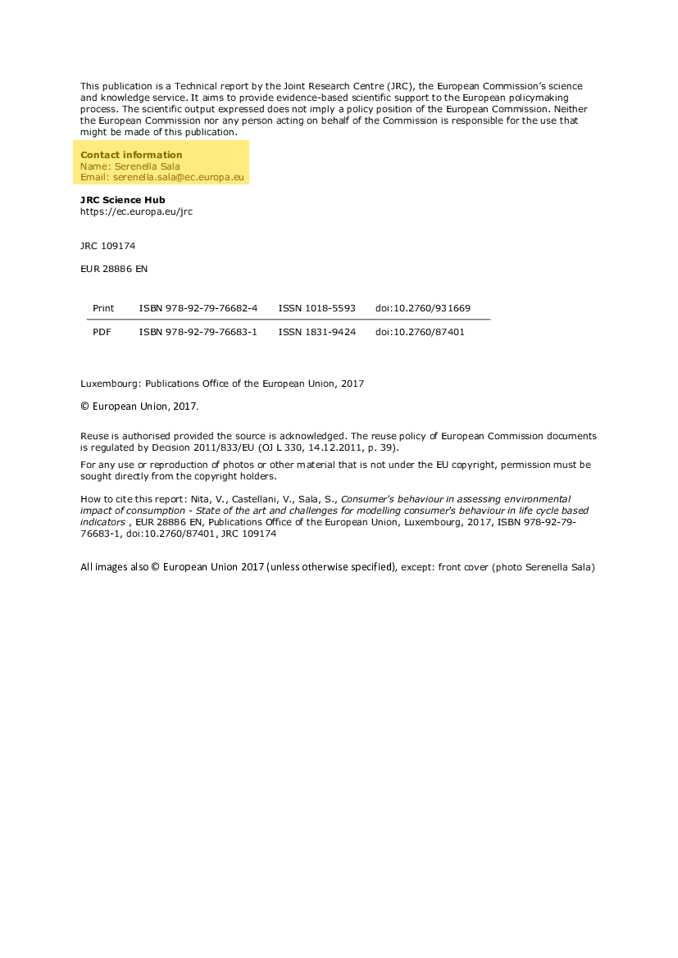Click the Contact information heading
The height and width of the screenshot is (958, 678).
coord(131,155)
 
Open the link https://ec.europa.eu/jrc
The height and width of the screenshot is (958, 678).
coord(136,211)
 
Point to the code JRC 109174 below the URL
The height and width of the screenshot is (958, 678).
coord(107,245)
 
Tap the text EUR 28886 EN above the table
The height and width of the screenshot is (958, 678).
coord(114,268)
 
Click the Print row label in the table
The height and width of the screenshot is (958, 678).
coord(103,308)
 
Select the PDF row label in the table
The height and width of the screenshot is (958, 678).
coord(102,332)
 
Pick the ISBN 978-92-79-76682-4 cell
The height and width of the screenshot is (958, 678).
coord(198,308)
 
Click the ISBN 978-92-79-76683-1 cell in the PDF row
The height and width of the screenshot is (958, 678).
coord(198,332)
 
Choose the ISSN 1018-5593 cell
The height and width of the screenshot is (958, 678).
coord(316,308)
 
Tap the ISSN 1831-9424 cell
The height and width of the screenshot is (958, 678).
coord(316,332)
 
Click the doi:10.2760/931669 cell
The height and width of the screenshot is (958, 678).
coord(423,308)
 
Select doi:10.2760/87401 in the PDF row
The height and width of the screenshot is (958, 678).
coord(420,332)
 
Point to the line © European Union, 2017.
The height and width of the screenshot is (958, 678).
coord(139,406)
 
